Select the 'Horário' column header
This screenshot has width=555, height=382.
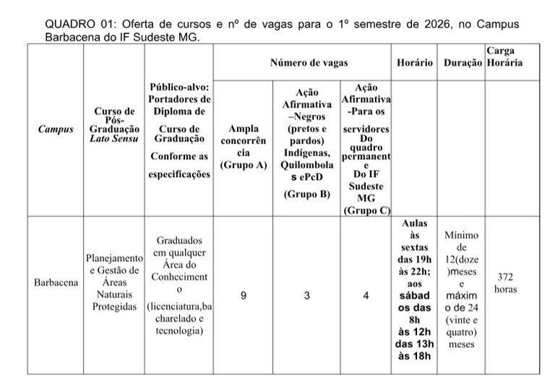pyautogui.click(x=415, y=63)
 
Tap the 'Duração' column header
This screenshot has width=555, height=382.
pyautogui.click(x=462, y=63)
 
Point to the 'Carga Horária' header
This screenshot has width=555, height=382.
pyautogui.click(x=504, y=57)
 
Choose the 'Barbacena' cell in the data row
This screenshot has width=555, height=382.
pyautogui.click(x=56, y=283)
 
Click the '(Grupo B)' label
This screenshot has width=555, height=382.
pyautogui.click(x=307, y=194)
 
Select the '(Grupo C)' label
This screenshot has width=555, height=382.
pyautogui.click(x=366, y=211)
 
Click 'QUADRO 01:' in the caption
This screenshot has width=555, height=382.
pyautogui.click(x=76, y=24)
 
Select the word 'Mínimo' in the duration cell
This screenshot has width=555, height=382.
pyautogui.click(x=462, y=236)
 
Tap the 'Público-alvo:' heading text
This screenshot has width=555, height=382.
pyautogui.click(x=179, y=87)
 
